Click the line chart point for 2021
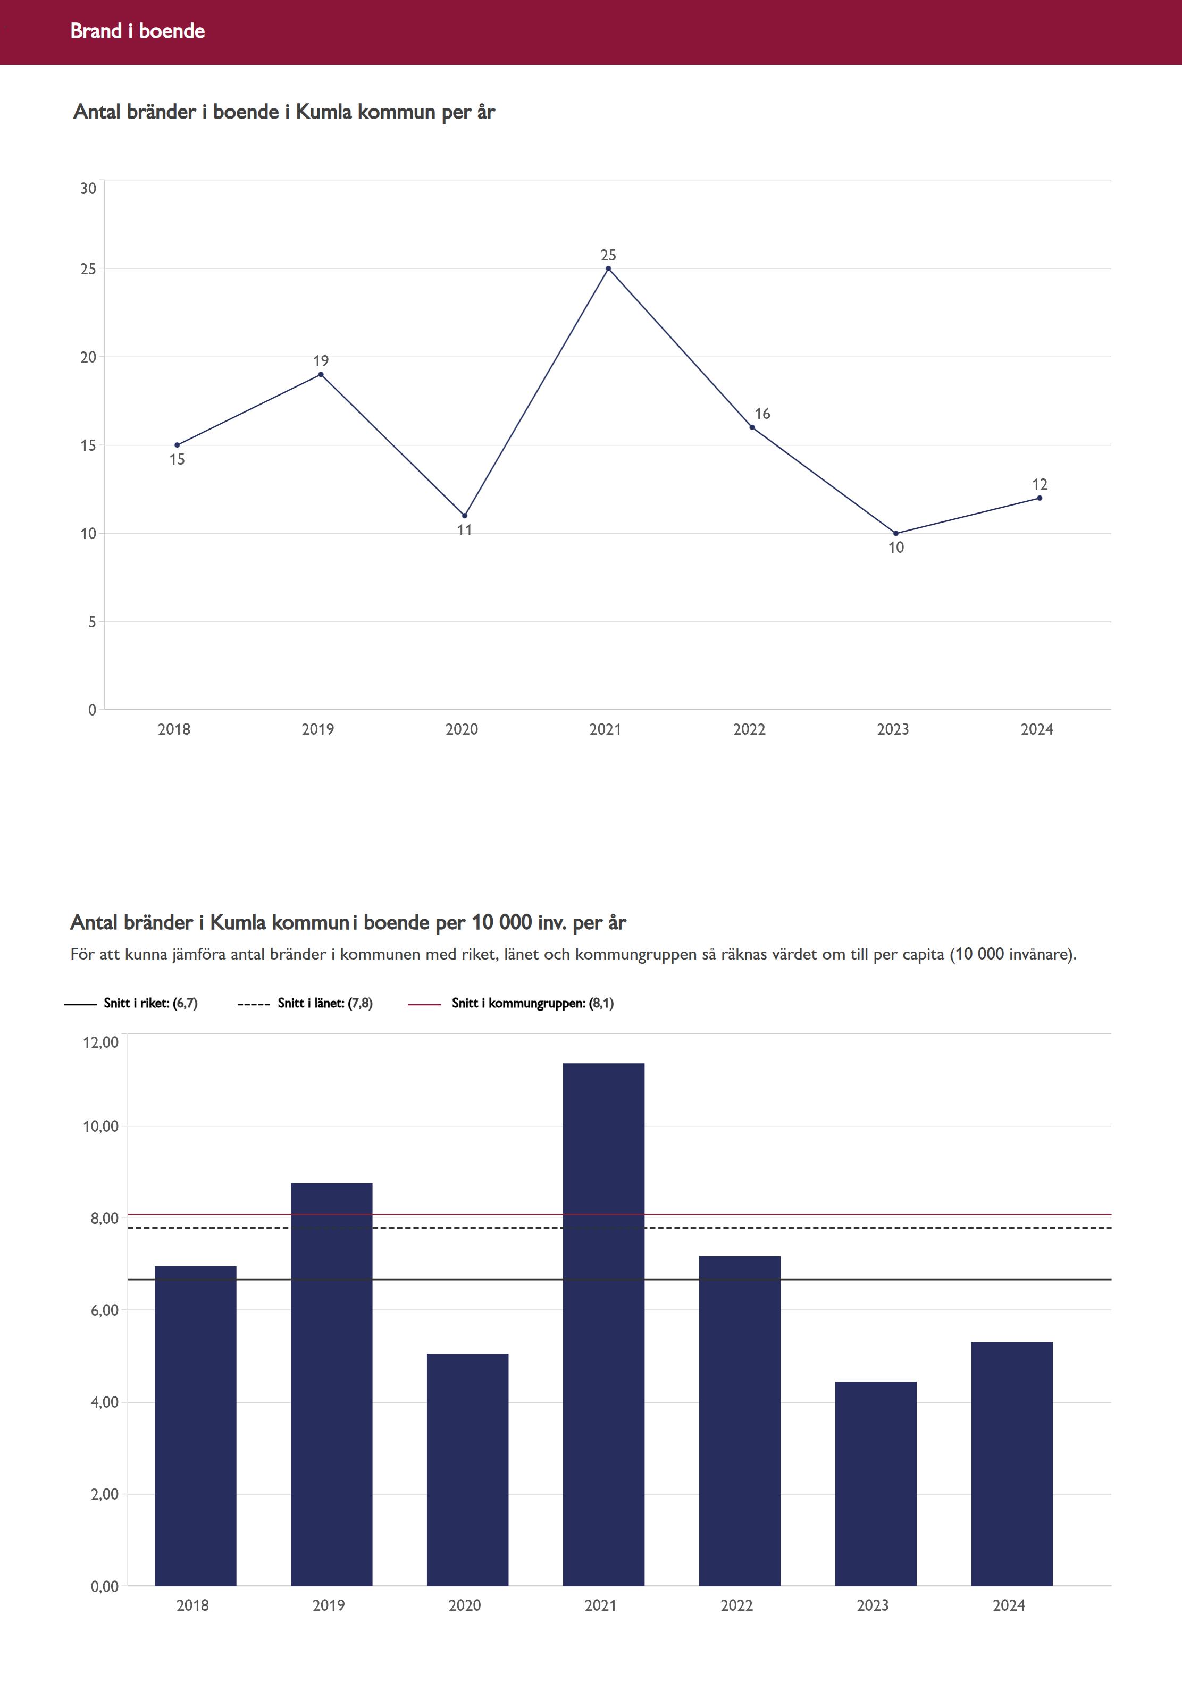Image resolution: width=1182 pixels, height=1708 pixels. [x=608, y=269]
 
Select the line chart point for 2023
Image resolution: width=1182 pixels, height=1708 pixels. [x=896, y=534]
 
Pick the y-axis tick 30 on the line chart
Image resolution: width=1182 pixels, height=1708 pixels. [x=88, y=189]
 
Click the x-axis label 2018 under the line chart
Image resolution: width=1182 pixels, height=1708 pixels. [x=174, y=729]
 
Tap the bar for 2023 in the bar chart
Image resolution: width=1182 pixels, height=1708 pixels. [x=875, y=1484]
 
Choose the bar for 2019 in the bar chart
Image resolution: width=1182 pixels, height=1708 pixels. [x=331, y=1384]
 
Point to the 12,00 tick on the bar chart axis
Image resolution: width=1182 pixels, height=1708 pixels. [x=100, y=1042]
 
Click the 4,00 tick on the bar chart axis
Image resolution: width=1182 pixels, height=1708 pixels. [x=104, y=1402]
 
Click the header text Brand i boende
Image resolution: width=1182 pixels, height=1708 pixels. [x=138, y=31]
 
